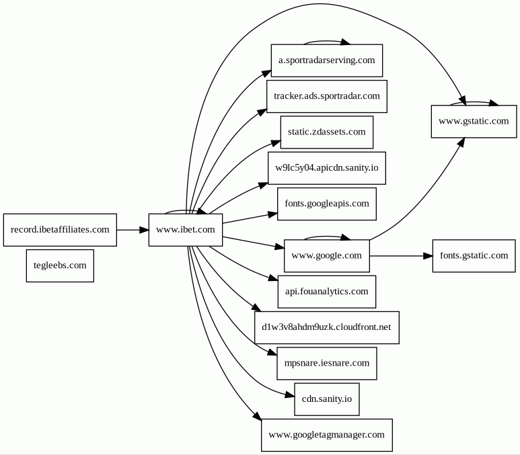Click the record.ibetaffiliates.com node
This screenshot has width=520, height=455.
pyautogui.click(x=60, y=230)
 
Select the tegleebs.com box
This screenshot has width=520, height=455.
pyautogui.click(x=60, y=265)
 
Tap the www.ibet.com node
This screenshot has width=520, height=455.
pyautogui.click(x=186, y=230)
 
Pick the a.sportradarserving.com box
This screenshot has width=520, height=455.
pyautogui.click(x=327, y=60)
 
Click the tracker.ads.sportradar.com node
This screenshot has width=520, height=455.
pyautogui.click(x=327, y=96)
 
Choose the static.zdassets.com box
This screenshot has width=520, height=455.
pyautogui.click(x=327, y=132)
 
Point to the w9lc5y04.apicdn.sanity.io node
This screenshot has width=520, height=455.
pyautogui.click(x=327, y=168)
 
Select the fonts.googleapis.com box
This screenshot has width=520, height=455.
pyautogui.click(x=327, y=204)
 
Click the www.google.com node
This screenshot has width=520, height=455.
pyautogui.click(x=327, y=256)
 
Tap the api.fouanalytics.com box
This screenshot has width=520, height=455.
pyautogui.click(x=327, y=292)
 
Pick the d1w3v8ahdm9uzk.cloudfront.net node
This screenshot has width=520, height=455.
pyautogui.click(x=327, y=327)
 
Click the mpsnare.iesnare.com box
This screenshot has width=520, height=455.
pyautogui.click(x=327, y=363)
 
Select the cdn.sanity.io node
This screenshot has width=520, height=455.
pyautogui.click(x=327, y=399)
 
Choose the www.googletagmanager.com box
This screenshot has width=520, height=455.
pyautogui.click(x=327, y=435)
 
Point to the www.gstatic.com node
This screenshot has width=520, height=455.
pyautogui.click(x=474, y=121)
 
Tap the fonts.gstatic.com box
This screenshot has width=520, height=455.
pyautogui.click(x=474, y=256)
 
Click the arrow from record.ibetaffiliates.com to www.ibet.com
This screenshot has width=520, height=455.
pyautogui.click(x=133, y=230)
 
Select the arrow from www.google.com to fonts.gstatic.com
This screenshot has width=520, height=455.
pyautogui.click(x=401, y=256)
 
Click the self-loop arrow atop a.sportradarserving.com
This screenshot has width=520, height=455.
pyautogui.click(x=327, y=41)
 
